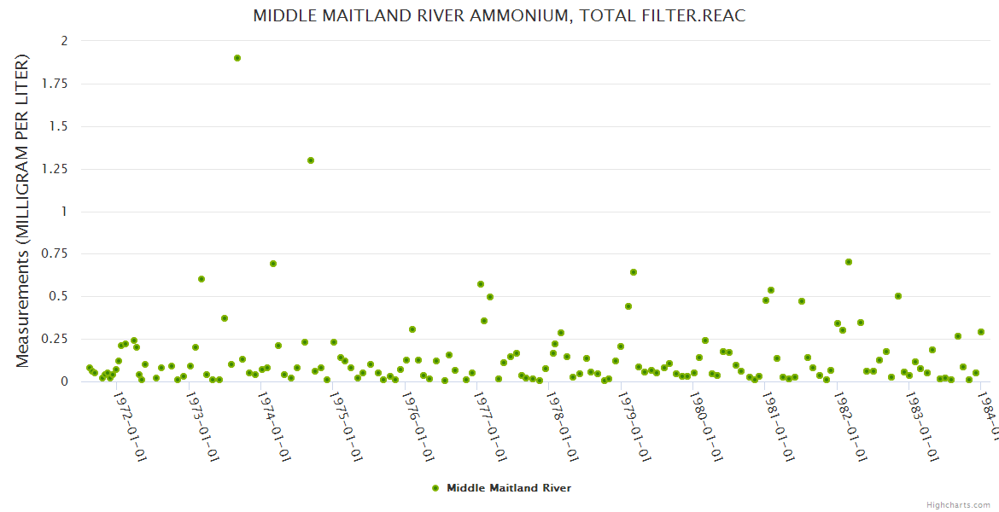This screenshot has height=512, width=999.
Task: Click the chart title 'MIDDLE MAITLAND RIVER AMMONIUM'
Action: click(x=499, y=16)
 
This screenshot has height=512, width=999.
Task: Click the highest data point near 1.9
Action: click(x=237, y=58)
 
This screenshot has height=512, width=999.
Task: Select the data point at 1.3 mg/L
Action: click(x=311, y=160)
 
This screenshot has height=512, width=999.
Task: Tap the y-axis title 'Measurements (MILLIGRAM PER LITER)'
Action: click(x=23, y=211)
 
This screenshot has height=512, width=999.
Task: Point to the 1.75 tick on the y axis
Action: click(x=56, y=84)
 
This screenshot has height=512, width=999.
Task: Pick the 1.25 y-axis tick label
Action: click(x=56, y=169)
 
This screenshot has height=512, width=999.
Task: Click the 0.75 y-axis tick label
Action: click(x=56, y=254)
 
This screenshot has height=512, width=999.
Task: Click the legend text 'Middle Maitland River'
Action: click(x=509, y=488)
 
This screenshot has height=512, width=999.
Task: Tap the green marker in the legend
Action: click(x=435, y=488)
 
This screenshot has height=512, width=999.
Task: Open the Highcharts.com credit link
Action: click(x=959, y=504)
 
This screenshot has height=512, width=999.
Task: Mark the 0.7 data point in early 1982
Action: click(x=849, y=262)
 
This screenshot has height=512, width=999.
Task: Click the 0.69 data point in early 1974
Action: click(x=273, y=264)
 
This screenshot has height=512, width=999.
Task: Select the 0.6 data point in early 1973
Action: click(x=202, y=279)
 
